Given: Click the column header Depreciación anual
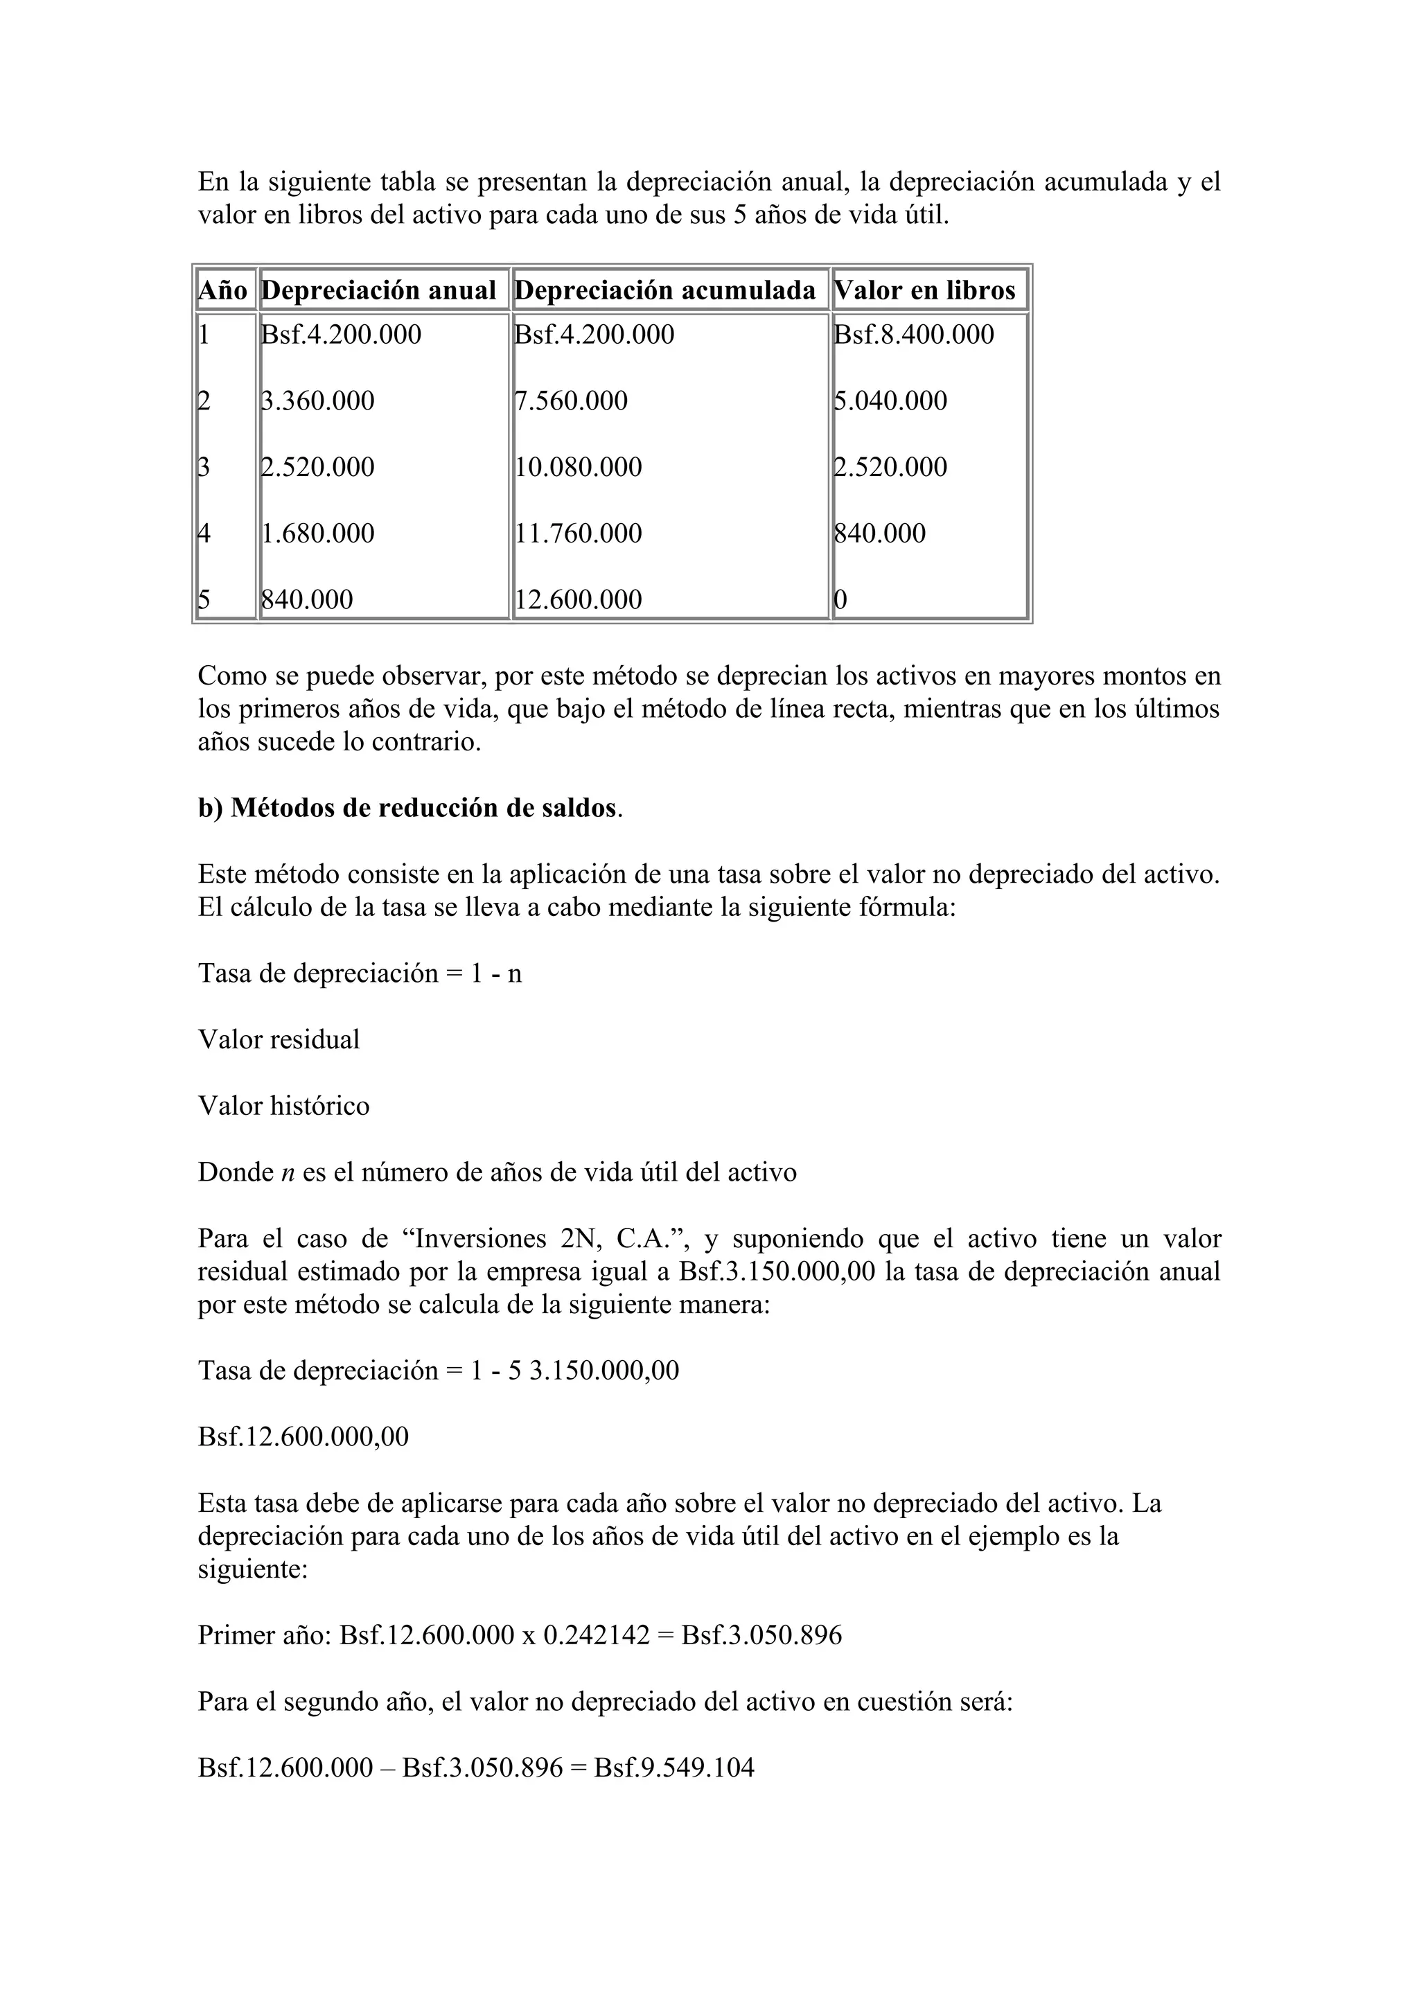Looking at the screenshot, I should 378,290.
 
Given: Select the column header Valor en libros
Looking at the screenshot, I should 925,290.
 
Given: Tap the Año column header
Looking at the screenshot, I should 223,290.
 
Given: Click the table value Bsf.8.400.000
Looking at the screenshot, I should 914,335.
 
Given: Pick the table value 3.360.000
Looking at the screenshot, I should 318,401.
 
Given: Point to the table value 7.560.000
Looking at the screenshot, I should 571,401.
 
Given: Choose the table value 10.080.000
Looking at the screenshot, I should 578,467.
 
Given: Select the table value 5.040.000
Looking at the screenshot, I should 890,401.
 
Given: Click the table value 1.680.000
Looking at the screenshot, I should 318,534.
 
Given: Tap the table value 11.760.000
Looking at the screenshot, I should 578,534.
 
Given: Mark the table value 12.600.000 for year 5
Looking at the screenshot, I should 578,600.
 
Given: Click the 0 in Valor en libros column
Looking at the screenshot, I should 840,600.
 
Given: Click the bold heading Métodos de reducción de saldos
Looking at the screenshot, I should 422,808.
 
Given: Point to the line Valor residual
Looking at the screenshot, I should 279,1040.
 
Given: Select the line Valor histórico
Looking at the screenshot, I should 283,1107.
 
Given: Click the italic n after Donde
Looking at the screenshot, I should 288,1173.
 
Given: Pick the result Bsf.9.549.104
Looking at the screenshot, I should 673,1768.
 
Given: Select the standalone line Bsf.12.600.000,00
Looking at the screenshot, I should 303,1437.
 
